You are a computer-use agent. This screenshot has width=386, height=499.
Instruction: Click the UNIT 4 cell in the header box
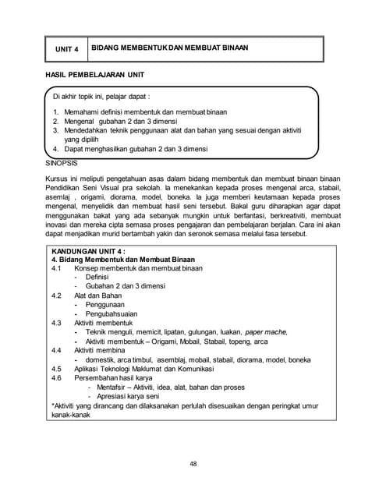(x=66, y=49)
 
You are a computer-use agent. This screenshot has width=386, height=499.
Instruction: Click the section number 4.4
(x=56, y=350)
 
